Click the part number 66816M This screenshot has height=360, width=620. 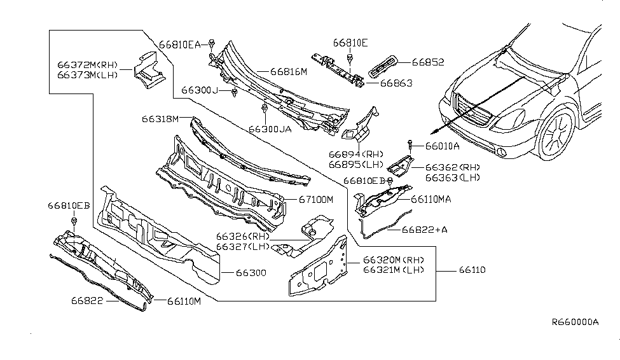pos(289,72)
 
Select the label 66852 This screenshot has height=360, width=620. pos(427,62)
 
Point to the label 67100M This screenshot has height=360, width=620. pos(316,199)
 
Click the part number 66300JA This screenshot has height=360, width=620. pos(270,128)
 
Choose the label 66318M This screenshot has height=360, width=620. pos(159,118)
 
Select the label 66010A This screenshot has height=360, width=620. pos(439,146)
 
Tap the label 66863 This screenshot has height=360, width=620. pos(396,83)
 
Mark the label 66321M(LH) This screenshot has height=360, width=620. pos(394,270)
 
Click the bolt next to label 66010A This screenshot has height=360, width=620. pos(411,146)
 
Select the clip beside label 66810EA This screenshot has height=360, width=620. pos(211,45)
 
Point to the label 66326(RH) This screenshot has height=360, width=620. pos(242,237)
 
